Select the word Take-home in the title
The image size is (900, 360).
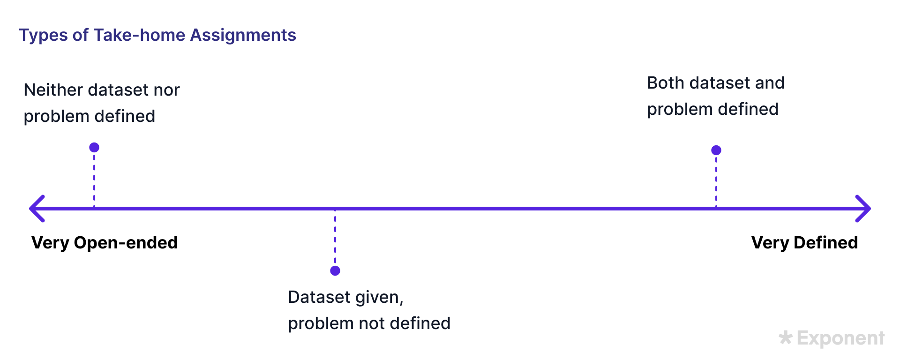click(139, 35)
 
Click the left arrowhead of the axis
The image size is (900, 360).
click(37, 209)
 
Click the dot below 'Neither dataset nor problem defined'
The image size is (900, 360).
click(94, 148)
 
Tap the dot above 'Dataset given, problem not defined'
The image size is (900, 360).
click(335, 270)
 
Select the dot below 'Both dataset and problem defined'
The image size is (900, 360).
click(716, 150)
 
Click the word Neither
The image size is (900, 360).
click(53, 90)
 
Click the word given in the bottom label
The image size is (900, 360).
click(379, 298)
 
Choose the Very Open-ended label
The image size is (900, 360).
click(105, 243)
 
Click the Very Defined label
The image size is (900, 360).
click(804, 243)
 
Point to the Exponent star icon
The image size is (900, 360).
click(786, 337)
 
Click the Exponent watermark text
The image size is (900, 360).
click(840, 338)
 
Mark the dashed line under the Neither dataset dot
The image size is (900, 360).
click(94, 180)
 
